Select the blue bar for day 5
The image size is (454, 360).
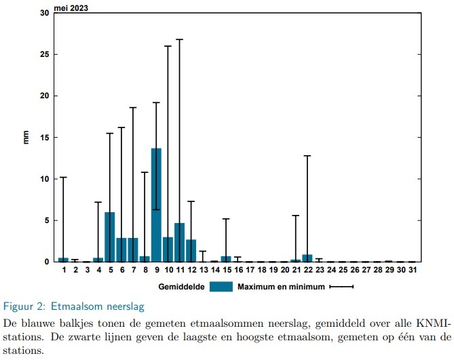point(110,237)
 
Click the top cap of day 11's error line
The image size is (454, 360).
point(179,39)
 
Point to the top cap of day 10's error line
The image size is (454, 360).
point(168,46)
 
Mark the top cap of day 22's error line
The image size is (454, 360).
point(307,156)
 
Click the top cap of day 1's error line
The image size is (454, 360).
point(63,178)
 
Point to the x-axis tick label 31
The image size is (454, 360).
point(411,270)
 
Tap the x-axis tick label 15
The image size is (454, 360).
point(226,270)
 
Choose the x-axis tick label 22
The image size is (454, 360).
point(307,270)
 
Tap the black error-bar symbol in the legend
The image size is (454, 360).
point(342,287)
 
